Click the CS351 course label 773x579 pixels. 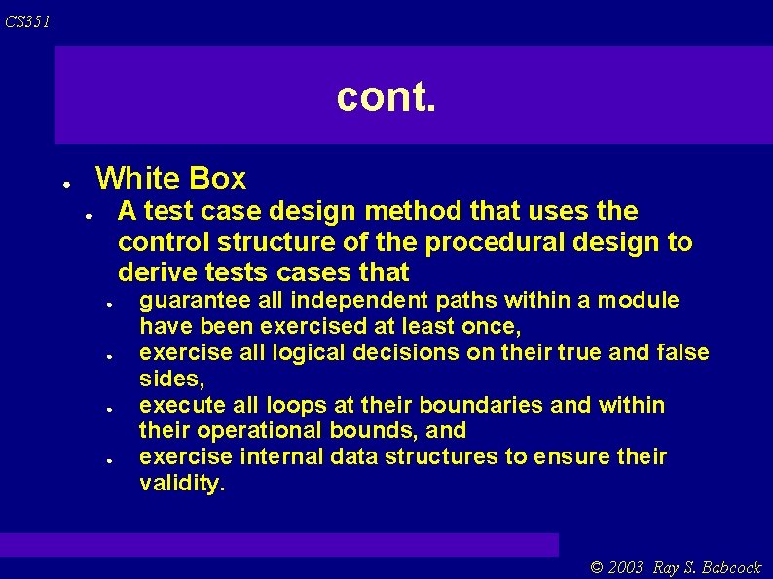pyautogui.click(x=26, y=21)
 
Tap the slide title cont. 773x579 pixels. pyautogui.click(x=386, y=96)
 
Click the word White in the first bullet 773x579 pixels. pyautogui.click(x=138, y=179)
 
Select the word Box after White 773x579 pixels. pyautogui.click(x=218, y=179)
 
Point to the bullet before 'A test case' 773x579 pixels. pyautogui.click(x=88, y=215)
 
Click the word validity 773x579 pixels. pyautogui.click(x=182, y=484)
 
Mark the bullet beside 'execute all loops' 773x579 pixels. pyautogui.click(x=112, y=409)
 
